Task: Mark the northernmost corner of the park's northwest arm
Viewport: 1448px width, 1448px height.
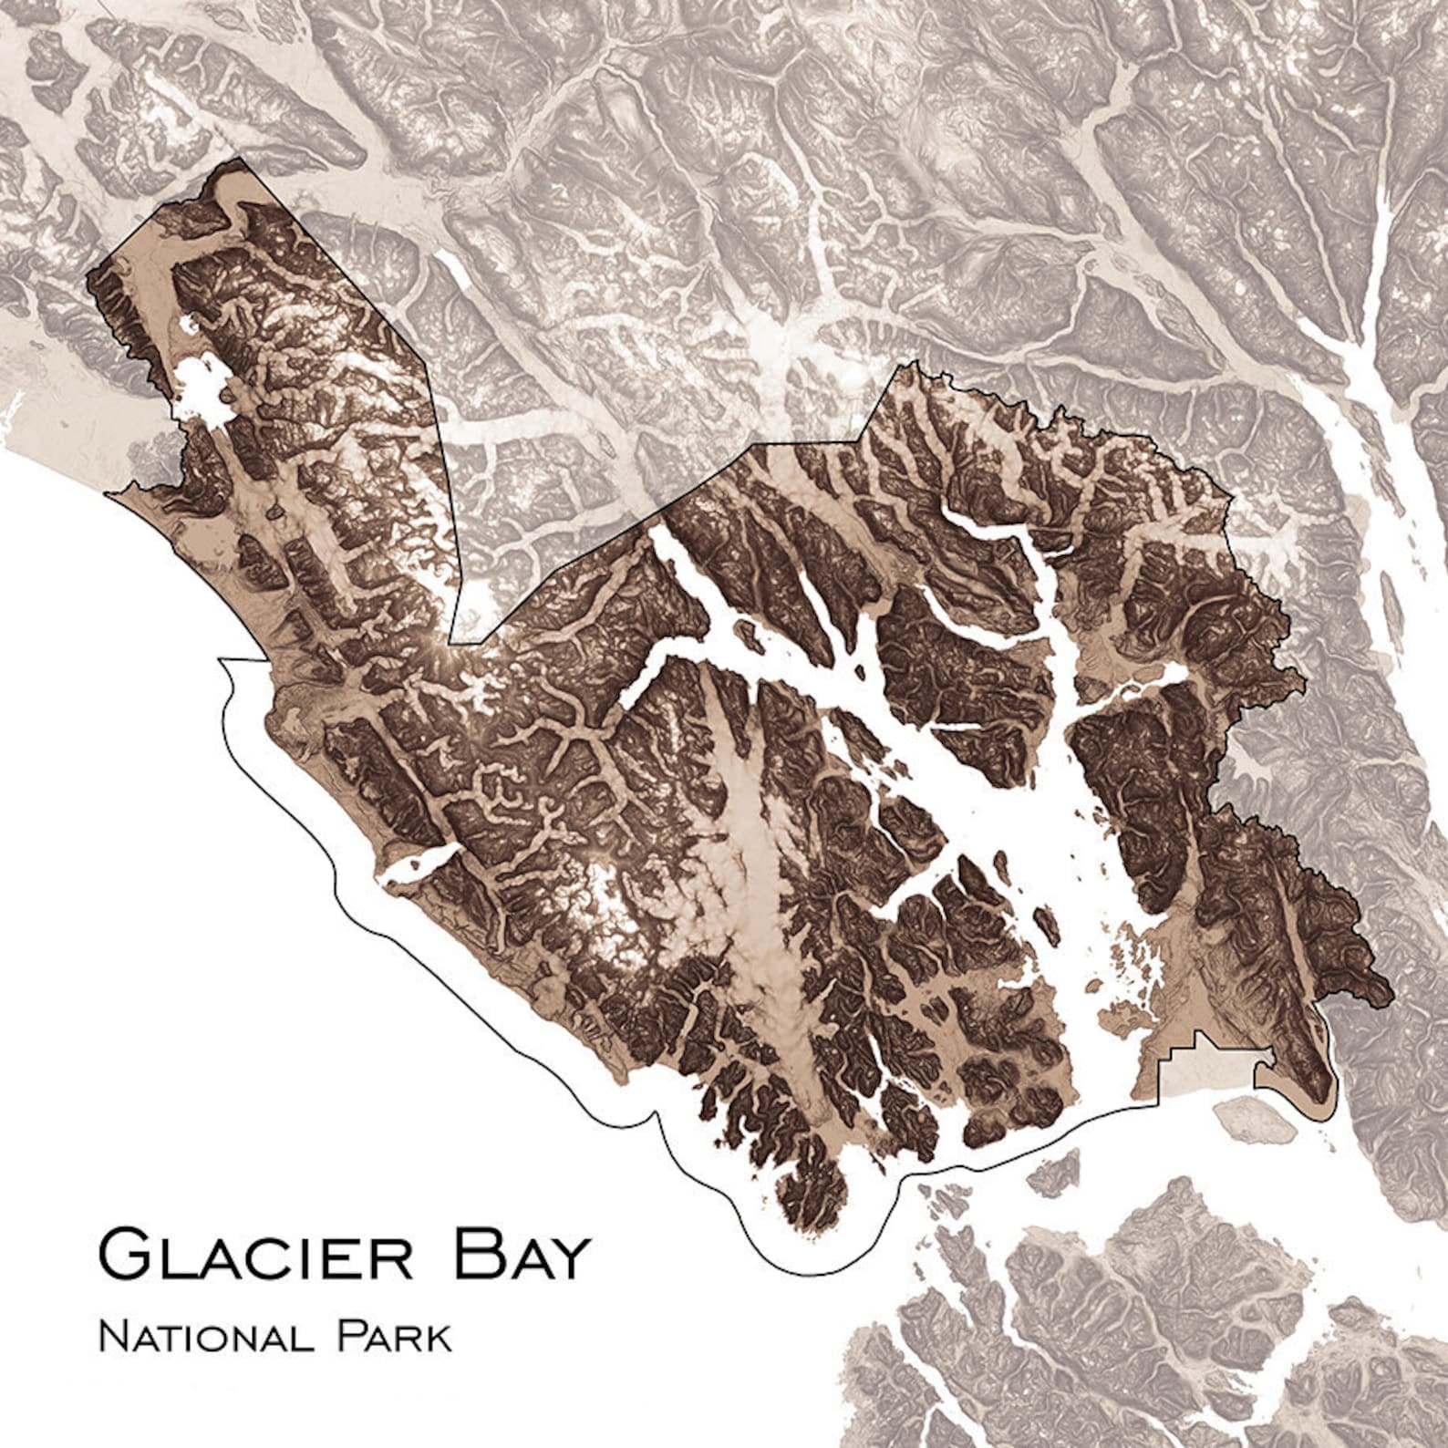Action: point(239,159)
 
